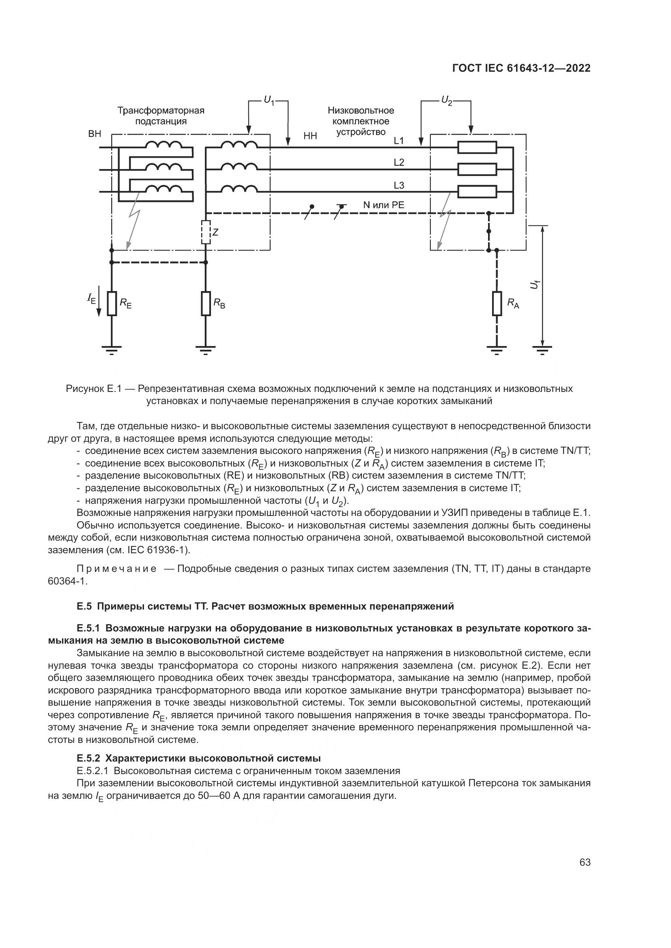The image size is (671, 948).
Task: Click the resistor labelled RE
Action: click(112, 304)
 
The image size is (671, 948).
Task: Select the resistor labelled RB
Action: click(206, 304)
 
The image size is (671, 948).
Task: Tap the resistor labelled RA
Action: click(497, 304)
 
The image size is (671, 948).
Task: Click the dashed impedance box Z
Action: click(206, 233)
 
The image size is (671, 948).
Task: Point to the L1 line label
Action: click(399, 141)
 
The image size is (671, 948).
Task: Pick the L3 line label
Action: click(399, 186)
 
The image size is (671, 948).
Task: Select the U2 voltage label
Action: click(446, 101)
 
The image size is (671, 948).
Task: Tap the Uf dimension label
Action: click(535, 285)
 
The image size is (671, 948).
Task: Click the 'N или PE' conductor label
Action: click(383, 205)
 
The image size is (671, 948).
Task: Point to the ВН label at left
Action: click(95, 134)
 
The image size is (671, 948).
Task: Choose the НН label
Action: click(310, 136)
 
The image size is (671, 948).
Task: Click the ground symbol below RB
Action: click(206, 351)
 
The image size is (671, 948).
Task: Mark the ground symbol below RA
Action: click(497, 351)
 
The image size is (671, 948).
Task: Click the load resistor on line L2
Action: click(477, 169)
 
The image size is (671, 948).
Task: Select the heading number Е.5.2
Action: click(88, 758)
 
